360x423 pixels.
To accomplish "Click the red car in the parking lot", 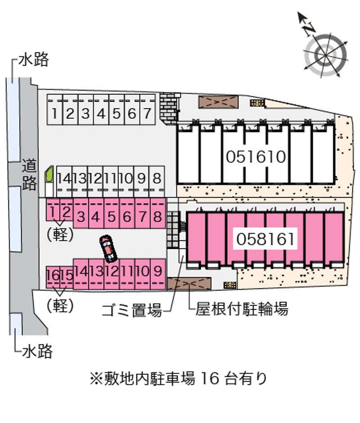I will pyautogui.click(x=108, y=248).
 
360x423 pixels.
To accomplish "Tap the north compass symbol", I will pyautogui.click(x=325, y=53).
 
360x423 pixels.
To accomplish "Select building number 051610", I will pyautogui.click(x=256, y=157).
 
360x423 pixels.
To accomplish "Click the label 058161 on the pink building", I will pyautogui.click(x=265, y=238).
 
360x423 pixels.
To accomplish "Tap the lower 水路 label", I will pyautogui.click(x=37, y=351).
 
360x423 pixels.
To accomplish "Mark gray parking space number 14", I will pyautogui.click(x=64, y=178).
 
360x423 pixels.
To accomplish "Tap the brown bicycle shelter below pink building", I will pyautogui.click(x=189, y=283).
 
